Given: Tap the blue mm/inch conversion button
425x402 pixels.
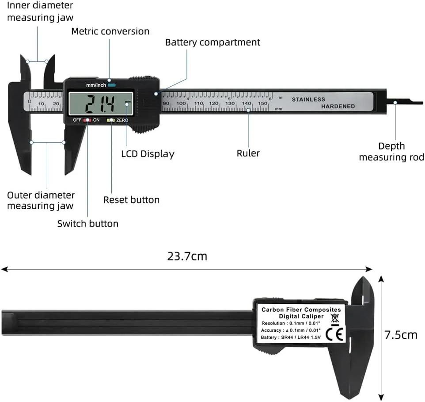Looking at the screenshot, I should tap(111, 85).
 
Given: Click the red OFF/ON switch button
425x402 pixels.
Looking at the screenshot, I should tap(87, 120).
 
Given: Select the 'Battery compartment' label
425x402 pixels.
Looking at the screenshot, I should tap(212, 42).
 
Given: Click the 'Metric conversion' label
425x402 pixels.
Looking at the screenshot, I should tap(110, 31).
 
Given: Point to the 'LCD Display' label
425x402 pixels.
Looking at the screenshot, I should tap(148, 154).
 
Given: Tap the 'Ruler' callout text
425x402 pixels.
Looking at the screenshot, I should tap(248, 153).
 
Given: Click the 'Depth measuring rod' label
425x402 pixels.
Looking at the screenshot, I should tap(391, 152).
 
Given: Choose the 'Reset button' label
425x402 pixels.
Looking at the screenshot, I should tap(131, 200).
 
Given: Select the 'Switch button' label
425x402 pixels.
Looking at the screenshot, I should tap(87, 224).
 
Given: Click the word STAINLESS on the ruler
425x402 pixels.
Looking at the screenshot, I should tap(308, 100).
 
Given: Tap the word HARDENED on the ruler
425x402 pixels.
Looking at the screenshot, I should tap(338, 107).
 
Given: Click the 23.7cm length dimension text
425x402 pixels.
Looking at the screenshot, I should tap(187, 256).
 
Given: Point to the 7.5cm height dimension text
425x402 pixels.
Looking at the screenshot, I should tap(400, 335).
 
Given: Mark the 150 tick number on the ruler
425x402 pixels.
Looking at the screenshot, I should tap(262, 103).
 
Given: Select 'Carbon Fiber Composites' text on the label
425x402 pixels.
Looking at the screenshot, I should tap(301, 310).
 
